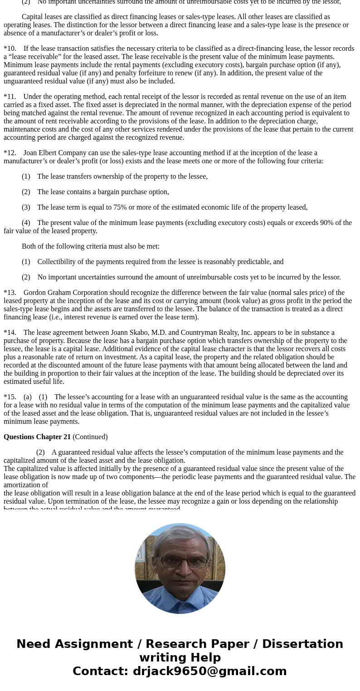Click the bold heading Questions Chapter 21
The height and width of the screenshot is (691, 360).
click(37, 437)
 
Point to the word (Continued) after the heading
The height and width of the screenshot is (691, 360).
click(90, 437)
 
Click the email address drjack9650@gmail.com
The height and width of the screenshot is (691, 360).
click(209, 671)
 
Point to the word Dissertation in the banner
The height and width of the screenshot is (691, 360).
click(302, 644)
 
